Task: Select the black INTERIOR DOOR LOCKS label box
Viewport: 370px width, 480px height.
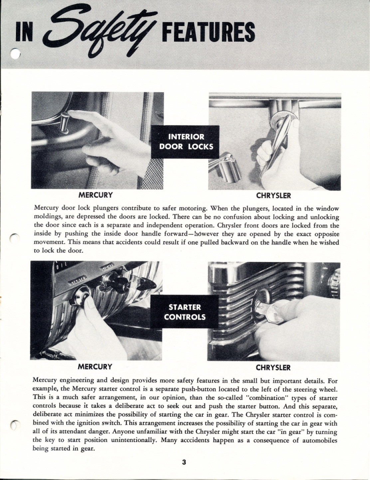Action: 185,142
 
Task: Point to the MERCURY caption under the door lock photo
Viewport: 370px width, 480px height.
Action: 95,194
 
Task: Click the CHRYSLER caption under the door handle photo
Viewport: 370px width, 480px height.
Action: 274,195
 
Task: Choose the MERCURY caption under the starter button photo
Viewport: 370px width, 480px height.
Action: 95,367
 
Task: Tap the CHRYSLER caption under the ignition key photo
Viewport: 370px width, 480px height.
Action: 274,368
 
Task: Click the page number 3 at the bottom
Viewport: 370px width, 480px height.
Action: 184,462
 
